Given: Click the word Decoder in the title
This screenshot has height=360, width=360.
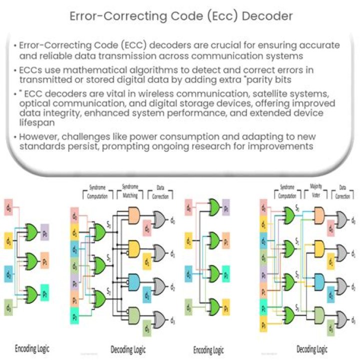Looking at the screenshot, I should pos(265,16).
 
